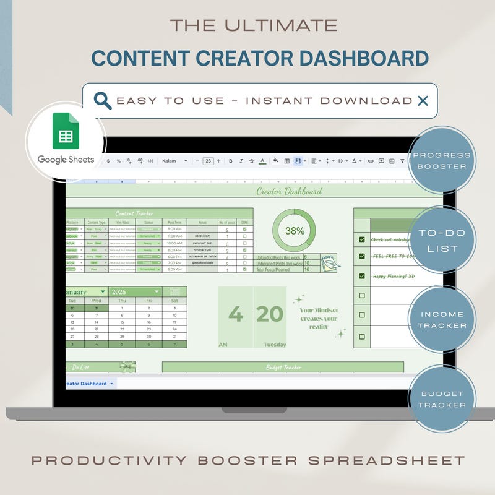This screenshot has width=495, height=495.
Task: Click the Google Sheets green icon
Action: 66,131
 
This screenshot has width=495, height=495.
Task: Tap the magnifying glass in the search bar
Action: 103,100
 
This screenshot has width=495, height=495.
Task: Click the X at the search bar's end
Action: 423,101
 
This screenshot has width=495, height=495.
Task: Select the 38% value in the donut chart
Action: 295,231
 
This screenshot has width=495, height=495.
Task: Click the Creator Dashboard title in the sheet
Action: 289,191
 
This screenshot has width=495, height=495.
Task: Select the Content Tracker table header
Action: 134,213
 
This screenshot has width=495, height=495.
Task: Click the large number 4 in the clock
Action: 235,314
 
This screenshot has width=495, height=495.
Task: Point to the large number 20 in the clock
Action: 270,314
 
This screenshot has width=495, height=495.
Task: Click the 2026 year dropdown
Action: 135,292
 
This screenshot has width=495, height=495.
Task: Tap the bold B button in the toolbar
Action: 230,161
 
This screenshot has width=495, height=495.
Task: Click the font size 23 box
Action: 208,161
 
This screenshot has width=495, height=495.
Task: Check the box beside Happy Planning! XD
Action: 362,276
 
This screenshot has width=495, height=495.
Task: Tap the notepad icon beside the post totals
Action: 329,262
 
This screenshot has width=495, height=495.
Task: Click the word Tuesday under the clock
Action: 275,345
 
